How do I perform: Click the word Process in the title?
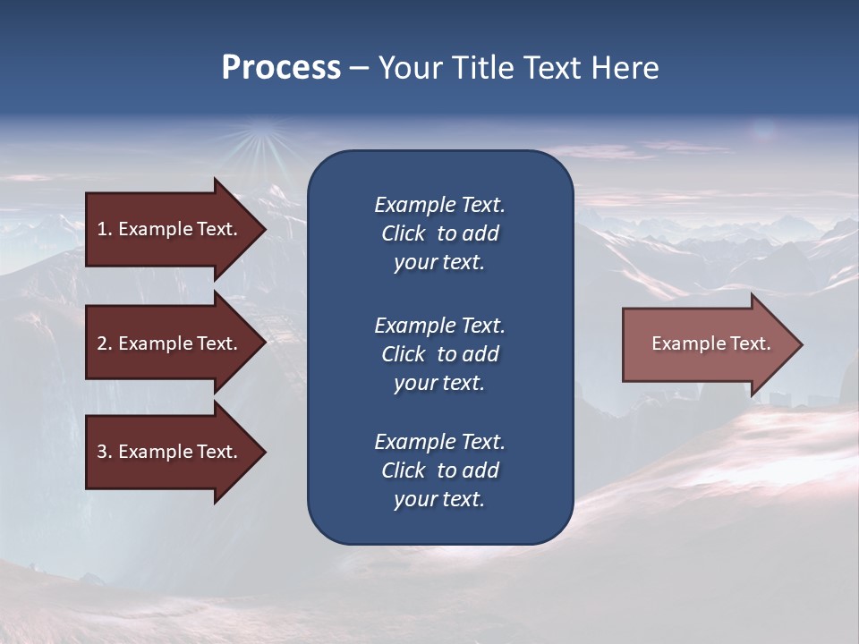click(x=281, y=68)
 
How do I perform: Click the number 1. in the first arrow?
click(x=105, y=229)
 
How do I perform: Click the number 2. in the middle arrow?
click(x=105, y=343)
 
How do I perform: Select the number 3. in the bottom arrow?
click(x=105, y=452)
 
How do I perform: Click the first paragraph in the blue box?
click(x=439, y=233)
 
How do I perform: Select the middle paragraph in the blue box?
click(x=439, y=354)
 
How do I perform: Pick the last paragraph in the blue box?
click(x=439, y=470)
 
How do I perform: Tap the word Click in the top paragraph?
click(x=404, y=233)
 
